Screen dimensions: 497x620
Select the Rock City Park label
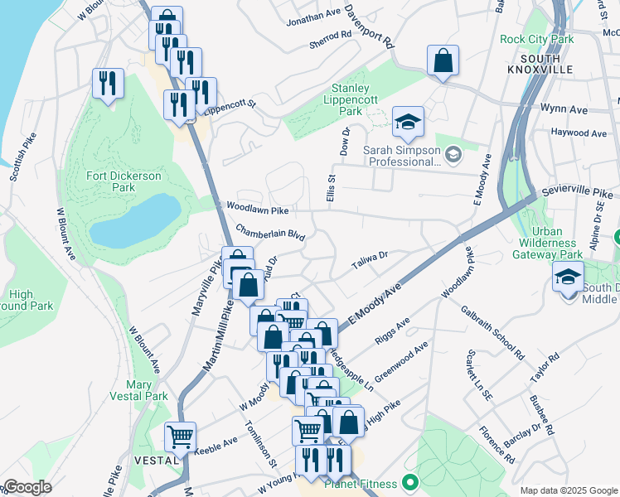tap(536, 39)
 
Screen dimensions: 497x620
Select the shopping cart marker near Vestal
tap(180, 436)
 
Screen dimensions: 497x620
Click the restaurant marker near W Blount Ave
tap(109, 84)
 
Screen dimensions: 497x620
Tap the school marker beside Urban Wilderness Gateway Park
tap(568, 277)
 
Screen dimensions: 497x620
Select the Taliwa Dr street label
tap(371, 256)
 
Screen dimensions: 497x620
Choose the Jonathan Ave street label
tap(313, 13)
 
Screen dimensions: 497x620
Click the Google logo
tap(27, 487)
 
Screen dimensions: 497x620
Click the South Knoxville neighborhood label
tap(545, 65)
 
